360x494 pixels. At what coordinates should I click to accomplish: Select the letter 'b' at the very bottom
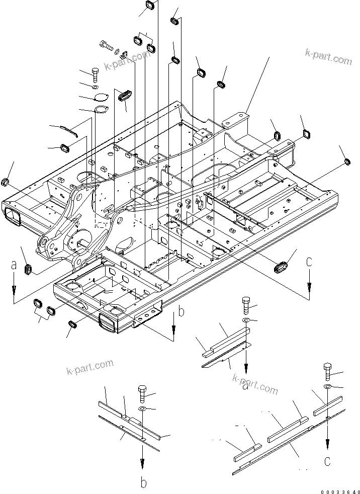coord(143,483)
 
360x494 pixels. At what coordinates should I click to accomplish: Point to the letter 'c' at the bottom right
coord(327,459)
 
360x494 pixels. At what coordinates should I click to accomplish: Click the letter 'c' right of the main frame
coord(309,262)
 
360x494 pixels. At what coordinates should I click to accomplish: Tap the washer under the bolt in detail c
coord(327,386)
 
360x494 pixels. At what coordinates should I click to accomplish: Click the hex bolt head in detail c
coord(327,370)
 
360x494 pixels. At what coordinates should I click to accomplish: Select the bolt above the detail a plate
coord(245,304)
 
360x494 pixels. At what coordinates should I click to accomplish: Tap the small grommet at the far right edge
coord(347,161)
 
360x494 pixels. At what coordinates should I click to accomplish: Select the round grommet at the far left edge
coord(7,181)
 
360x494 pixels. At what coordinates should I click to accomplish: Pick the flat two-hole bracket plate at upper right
coord(236,120)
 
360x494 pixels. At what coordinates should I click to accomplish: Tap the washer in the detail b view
coord(141,409)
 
